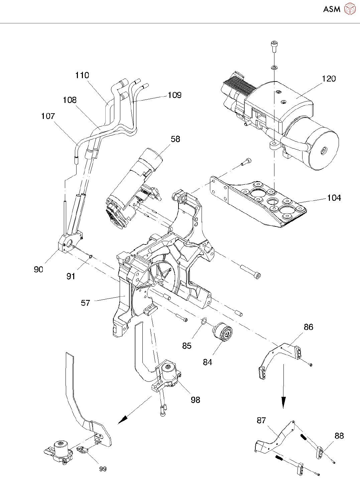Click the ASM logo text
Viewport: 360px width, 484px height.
click(332, 9)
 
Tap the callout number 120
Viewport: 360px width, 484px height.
click(329, 78)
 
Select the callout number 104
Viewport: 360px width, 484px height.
click(334, 198)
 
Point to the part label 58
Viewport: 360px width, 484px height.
click(175, 139)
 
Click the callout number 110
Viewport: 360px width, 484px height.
click(82, 75)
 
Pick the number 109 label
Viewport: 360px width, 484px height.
click(174, 95)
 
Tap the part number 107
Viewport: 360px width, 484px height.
click(48, 116)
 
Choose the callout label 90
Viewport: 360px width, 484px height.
click(38, 270)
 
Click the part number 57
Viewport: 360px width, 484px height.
click(86, 303)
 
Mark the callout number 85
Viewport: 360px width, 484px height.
click(187, 346)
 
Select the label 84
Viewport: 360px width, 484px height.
click(208, 362)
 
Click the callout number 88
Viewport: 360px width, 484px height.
click(339, 436)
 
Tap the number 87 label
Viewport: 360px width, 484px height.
click(261, 420)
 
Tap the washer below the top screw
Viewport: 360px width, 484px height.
click(274, 67)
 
